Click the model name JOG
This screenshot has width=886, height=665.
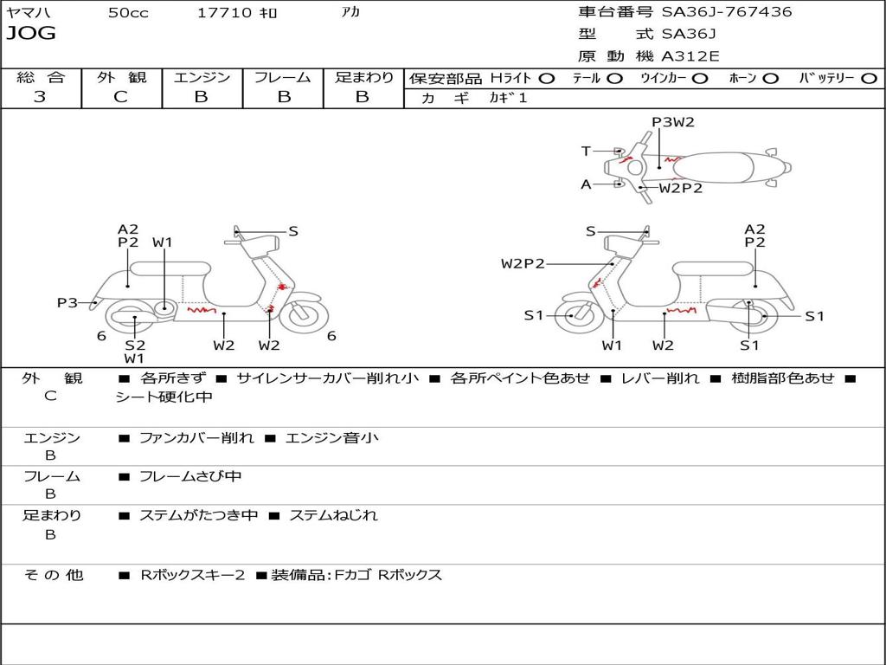(31, 34)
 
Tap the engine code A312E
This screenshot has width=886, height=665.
(690, 56)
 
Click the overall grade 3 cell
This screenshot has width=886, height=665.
(40, 97)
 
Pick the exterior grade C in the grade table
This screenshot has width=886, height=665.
(121, 97)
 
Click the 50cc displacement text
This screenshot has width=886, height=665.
(128, 13)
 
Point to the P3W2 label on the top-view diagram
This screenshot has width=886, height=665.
(673, 122)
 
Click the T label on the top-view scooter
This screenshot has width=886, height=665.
(586, 152)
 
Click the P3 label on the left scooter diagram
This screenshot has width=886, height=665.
(67, 302)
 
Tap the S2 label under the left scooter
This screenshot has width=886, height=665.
(134, 344)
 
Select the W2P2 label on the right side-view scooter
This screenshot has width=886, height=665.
(523, 263)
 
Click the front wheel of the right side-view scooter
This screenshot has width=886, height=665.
(574, 316)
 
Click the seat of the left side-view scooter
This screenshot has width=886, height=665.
(170, 268)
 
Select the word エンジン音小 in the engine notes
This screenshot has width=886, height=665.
(331, 438)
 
